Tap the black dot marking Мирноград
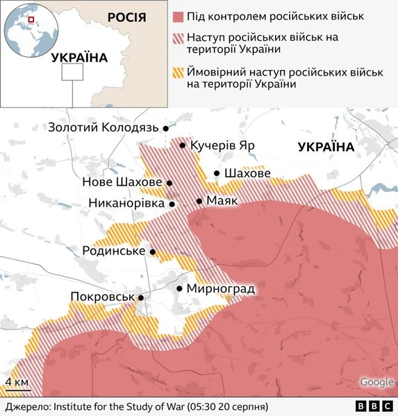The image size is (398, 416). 180,288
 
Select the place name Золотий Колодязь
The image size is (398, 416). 104,128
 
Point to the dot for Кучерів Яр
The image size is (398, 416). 183,146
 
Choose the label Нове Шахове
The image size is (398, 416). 122,182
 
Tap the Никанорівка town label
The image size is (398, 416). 126,203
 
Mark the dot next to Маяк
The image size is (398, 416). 199,201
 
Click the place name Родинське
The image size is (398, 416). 113,250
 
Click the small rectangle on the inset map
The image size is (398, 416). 72,73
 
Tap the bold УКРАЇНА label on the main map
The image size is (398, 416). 324,147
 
